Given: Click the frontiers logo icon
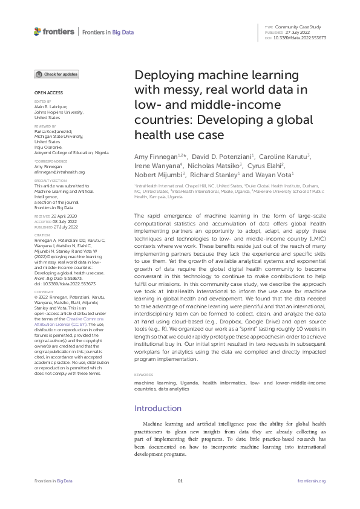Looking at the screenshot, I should (38, 31).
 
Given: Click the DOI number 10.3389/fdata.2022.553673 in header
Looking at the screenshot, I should (301, 37).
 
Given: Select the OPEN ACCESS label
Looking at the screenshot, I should (47, 93).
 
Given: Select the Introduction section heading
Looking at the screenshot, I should (157, 408).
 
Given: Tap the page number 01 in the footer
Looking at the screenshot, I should (180, 481).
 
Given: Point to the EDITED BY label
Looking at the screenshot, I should (42, 102).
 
